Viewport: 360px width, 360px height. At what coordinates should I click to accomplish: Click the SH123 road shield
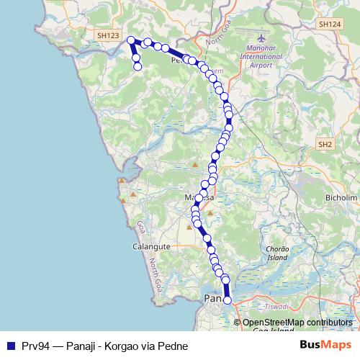(107, 35)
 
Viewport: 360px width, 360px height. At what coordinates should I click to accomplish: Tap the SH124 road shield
(330, 24)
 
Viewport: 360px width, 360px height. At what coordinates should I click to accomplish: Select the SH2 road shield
(325, 145)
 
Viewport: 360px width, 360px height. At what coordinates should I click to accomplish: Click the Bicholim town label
(341, 197)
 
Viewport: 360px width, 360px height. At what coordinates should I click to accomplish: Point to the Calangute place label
(150, 246)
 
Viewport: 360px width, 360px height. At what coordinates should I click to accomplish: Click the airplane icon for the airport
(261, 37)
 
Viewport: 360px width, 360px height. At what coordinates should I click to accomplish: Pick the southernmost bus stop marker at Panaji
(228, 300)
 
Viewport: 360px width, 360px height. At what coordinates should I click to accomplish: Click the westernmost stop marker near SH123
(131, 40)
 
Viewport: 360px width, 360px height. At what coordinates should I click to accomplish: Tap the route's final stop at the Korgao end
(138, 67)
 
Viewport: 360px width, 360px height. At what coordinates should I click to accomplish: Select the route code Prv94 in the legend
(33, 346)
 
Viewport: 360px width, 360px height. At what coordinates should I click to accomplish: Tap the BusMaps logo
(325, 345)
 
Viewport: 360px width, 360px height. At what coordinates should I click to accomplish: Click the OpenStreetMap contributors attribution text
(297, 323)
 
